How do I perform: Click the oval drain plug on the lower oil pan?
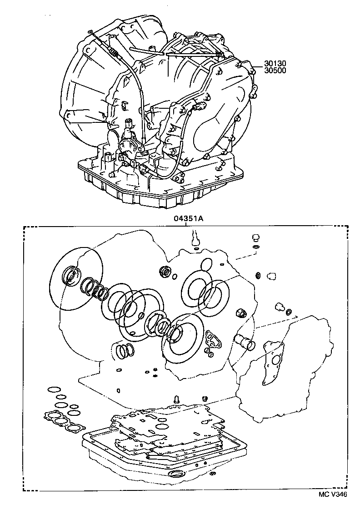(176, 475)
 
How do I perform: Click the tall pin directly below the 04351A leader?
(195, 239)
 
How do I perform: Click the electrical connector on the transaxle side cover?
(198, 107)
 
